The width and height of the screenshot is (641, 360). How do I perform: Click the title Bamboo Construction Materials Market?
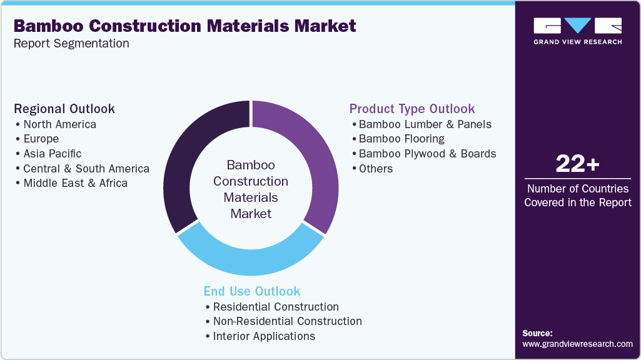tap(184, 26)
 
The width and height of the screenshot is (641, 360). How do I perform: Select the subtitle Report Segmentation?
tap(71, 44)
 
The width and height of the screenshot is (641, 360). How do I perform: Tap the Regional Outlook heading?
tap(64, 109)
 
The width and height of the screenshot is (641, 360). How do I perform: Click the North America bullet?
tap(59, 124)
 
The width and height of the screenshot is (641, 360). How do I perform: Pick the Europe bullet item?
tap(41, 139)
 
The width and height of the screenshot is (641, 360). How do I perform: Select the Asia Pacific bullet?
tap(52, 154)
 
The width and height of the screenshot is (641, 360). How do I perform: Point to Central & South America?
tap(86, 169)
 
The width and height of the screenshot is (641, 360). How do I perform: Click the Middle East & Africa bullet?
tap(75, 183)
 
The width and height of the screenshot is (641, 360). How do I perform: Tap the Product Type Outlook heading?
tap(412, 109)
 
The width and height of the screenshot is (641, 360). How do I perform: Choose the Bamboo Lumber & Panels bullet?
tap(425, 124)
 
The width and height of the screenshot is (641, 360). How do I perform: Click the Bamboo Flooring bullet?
tap(401, 139)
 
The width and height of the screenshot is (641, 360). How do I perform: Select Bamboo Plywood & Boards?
tap(427, 154)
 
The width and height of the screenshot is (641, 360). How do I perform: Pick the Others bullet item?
tap(375, 169)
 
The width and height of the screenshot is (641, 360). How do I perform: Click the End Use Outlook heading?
tap(252, 291)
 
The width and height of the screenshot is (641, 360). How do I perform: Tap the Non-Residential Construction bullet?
tap(287, 321)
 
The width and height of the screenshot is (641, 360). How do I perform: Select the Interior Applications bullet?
tap(264, 336)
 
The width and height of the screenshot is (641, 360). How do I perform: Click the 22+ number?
tap(577, 164)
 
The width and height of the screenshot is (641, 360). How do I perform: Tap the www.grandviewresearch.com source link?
tap(577, 344)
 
